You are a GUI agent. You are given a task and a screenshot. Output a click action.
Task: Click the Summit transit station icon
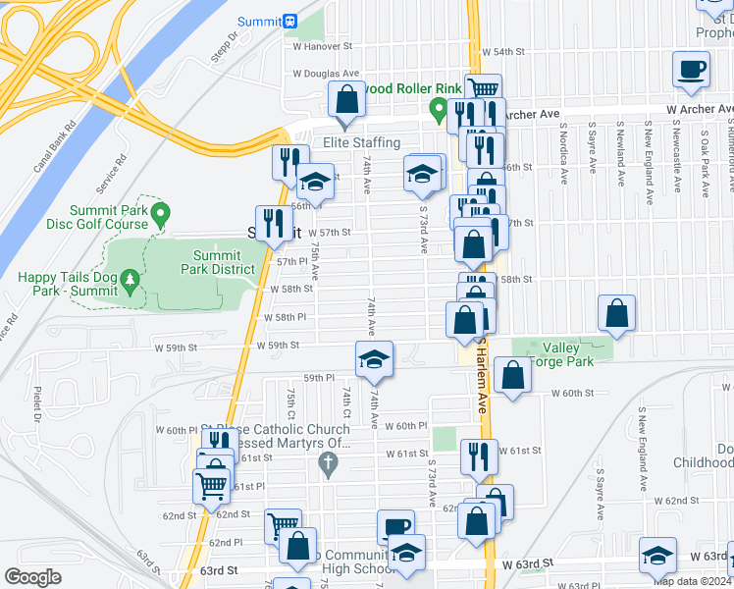290,21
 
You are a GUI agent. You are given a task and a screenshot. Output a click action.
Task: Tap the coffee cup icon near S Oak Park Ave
691,71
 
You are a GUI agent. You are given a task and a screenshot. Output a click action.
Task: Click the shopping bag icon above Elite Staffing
345,100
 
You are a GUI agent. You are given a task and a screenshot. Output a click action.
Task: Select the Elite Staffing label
362,143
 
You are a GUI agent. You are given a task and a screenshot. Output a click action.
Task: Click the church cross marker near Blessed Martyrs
332,461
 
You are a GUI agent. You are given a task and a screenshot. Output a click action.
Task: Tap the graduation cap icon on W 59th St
374,360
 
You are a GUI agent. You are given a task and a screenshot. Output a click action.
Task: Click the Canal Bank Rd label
55,146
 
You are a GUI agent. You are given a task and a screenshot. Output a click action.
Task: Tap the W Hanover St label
322,46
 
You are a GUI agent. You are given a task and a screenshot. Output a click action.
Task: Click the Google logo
33,577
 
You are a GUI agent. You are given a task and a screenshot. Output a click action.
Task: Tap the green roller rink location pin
438,109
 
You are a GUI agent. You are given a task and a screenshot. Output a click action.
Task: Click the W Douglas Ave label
326,74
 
